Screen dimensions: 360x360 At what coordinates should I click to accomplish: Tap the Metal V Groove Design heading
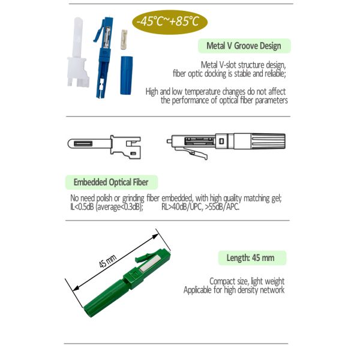[244, 46]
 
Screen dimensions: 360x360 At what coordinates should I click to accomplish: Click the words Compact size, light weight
[247, 281]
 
